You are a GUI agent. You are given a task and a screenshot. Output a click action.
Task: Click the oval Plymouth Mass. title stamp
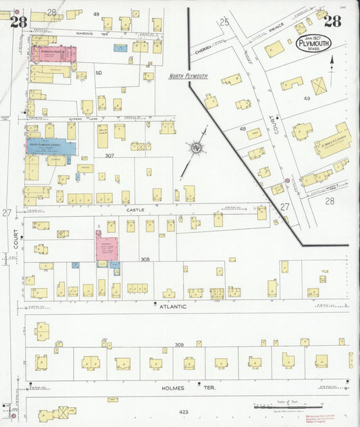[x=313, y=45]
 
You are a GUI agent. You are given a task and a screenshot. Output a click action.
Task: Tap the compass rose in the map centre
[x=197, y=147]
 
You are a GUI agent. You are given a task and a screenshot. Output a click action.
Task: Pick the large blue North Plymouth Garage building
[x=51, y=145]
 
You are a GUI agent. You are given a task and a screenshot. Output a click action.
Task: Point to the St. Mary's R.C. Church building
[x=332, y=142]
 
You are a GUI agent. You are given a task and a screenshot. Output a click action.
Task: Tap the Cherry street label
[x=203, y=50]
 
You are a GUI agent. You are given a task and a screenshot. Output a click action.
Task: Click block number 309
[x=180, y=345]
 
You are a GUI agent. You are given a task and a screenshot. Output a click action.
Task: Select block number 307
[x=109, y=155]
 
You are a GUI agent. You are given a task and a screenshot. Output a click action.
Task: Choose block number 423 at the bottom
[x=184, y=411]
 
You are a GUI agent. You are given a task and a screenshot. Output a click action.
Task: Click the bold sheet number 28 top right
[x=332, y=21]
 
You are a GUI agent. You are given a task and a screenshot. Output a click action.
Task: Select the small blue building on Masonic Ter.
[x=120, y=48]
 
